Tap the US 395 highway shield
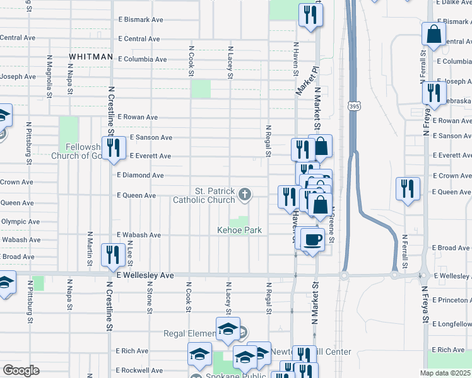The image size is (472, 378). pyautogui.click(x=352, y=106)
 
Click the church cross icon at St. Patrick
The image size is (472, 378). pyautogui.click(x=244, y=195)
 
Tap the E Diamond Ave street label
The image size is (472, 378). pyautogui.click(x=140, y=175)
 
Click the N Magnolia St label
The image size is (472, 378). pyautogui.click(x=49, y=75)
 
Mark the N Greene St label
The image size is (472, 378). pyautogui.click(x=332, y=227)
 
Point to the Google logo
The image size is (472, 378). pyautogui.click(x=21, y=370)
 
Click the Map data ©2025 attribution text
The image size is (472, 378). pyautogui.click(x=445, y=373)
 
